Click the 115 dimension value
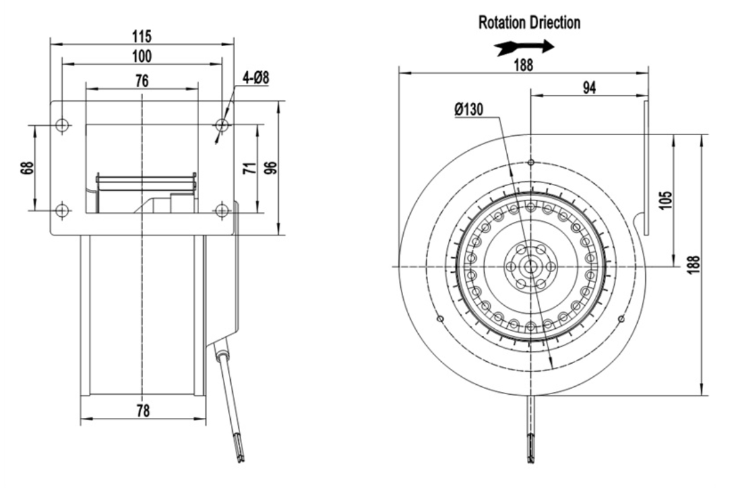(x=142, y=36)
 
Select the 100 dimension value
(x=142, y=56)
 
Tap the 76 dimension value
(x=142, y=81)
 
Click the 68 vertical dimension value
(x=27, y=168)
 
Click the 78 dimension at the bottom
(x=143, y=411)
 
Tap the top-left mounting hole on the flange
(x=62, y=126)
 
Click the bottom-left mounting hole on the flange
(x=62, y=210)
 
